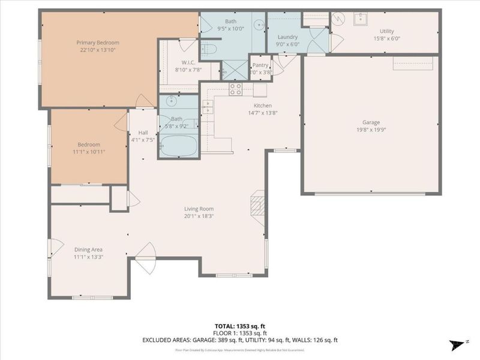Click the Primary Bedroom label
point(97,43)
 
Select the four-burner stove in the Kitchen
point(235,89)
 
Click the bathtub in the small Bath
point(178,146)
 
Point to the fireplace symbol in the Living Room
point(257,203)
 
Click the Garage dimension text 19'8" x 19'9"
point(370,130)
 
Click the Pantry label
point(260,65)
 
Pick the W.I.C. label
point(188,62)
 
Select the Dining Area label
point(88,250)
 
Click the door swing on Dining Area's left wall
point(55,247)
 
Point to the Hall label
point(143,133)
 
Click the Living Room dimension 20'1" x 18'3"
point(198,216)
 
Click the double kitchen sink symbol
point(208,106)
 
